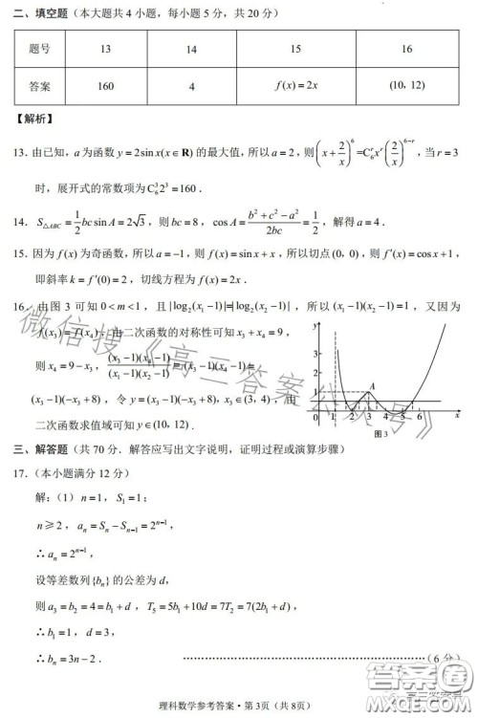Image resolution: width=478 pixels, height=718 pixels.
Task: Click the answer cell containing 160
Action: [105, 87]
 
